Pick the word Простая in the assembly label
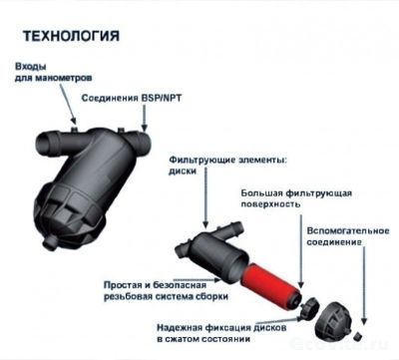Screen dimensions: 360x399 (x=126, y=285)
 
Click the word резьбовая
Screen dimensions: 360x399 (x=126, y=297)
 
